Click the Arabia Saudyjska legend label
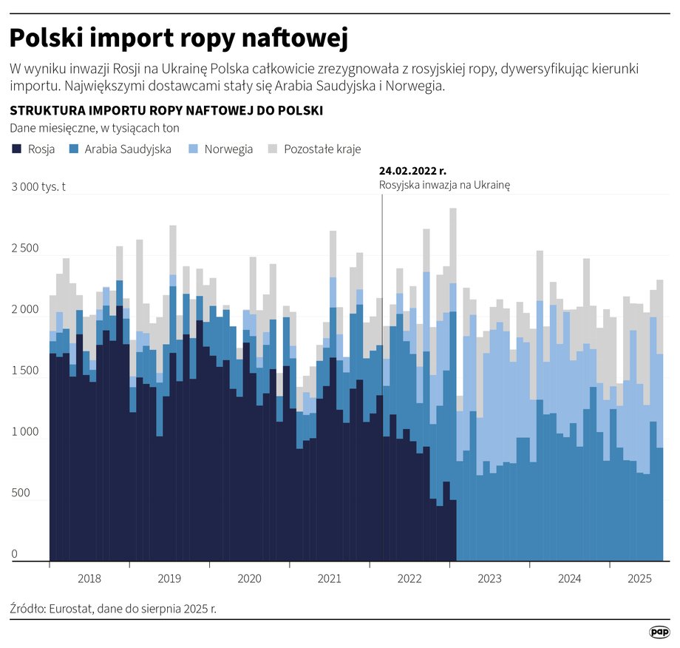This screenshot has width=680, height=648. [x=128, y=149]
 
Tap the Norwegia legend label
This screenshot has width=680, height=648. [x=228, y=149]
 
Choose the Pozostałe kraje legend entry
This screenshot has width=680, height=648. [x=322, y=149]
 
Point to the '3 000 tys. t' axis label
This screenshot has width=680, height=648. [x=38, y=187]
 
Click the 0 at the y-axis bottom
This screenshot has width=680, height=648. [x=13, y=555]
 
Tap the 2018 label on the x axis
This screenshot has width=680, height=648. [x=89, y=578]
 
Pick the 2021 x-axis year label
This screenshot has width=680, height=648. [x=329, y=578]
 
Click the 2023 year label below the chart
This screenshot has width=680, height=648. [x=489, y=578]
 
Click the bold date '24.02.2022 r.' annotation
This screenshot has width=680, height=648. [x=412, y=171]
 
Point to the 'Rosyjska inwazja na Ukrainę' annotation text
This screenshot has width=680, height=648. [x=444, y=185]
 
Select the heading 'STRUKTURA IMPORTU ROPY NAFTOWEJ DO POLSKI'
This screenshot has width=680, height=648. [x=166, y=111]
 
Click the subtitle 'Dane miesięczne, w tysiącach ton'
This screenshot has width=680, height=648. [x=95, y=129]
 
